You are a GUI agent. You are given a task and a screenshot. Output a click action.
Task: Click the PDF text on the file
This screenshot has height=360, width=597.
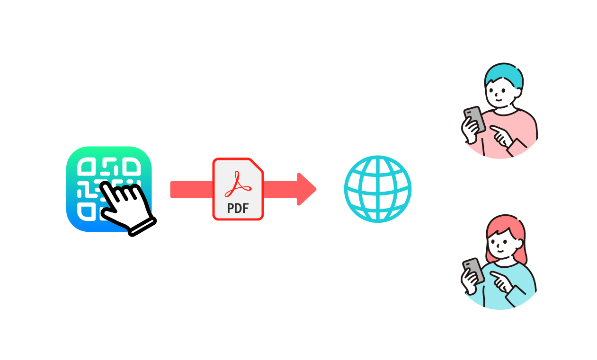pyautogui.click(x=238, y=208)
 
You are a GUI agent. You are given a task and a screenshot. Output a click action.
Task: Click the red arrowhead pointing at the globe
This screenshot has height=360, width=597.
pyautogui.click(x=307, y=189)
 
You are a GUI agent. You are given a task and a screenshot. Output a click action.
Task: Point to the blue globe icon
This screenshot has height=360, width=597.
pyautogui.click(x=378, y=189)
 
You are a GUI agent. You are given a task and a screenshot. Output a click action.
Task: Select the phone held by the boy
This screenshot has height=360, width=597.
pyautogui.click(x=474, y=119)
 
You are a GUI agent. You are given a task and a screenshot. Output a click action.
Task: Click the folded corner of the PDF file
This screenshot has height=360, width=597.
pyautogui.click(x=256, y=166)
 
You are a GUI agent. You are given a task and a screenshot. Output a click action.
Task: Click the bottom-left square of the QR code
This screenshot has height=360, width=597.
pyautogui.click(x=87, y=211)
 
